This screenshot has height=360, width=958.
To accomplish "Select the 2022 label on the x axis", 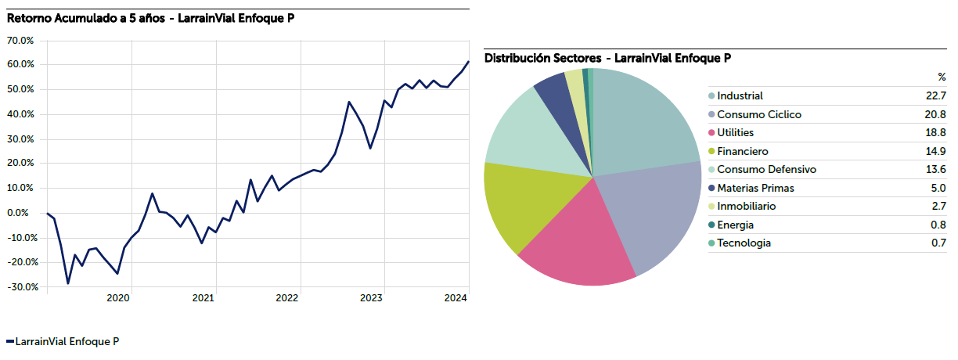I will pyautogui.click(x=286, y=298).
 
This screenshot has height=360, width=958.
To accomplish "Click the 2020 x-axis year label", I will pyautogui.click(x=117, y=298).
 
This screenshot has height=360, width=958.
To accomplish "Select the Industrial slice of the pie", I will pyautogui.click(x=642, y=117).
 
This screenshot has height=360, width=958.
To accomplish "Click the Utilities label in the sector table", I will pyautogui.click(x=735, y=133).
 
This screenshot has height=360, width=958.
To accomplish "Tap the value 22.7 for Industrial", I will pyautogui.click(x=935, y=96).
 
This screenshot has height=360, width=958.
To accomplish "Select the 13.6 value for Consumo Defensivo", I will pyautogui.click(x=935, y=170).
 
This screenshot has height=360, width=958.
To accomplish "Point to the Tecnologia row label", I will pyautogui.click(x=744, y=243).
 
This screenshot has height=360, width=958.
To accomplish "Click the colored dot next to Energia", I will pyautogui.click(x=711, y=225).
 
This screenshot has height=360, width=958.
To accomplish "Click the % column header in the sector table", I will pyautogui.click(x=942, y=77).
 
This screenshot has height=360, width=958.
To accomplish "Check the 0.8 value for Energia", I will pyautogui.click(x=938, y=225).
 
